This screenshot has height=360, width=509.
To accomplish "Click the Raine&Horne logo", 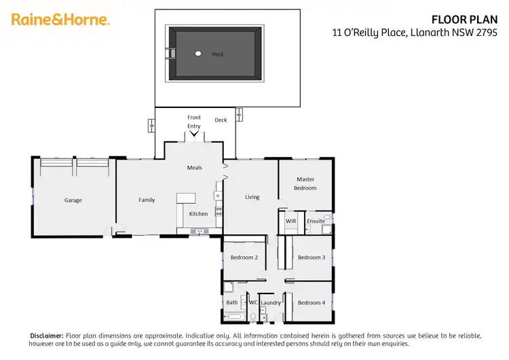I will pos(60,20).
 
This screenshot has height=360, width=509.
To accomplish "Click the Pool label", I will pos(218,54).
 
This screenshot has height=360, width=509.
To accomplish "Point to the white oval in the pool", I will pos(198,54).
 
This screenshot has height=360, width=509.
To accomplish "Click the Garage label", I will pos(73,200).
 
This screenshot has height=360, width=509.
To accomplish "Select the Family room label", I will pos(147,200).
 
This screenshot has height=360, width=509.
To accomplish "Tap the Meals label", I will pos(195,167).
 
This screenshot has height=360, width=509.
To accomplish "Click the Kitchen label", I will pos(198,214).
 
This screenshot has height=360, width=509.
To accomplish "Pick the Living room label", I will pos(252,197).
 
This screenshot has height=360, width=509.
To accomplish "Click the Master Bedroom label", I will pos(305,183).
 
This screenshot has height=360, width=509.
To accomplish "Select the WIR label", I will pos(291,221).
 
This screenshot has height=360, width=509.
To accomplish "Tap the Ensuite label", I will pos(316,221).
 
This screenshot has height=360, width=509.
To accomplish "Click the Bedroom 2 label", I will pos(244,257).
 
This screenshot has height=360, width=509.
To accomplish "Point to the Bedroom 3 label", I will pos(312,257).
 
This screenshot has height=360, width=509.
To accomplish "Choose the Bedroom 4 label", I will pos(312,302).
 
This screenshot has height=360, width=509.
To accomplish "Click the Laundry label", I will pos(271,302).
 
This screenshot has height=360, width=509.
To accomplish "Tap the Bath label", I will pos(232,302).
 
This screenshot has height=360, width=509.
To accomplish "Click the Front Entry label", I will pos(194,122).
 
